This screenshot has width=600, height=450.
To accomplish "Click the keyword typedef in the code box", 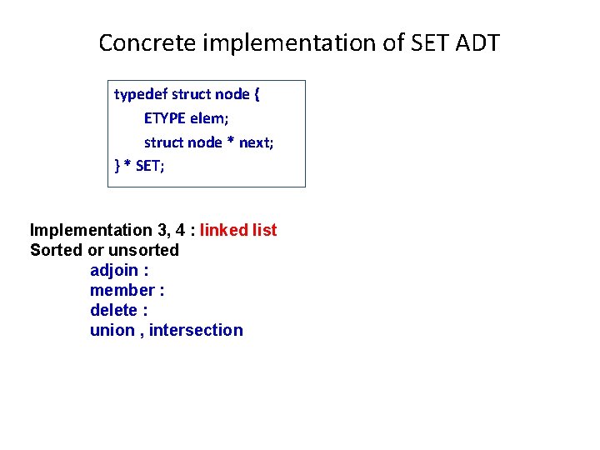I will (138, 94).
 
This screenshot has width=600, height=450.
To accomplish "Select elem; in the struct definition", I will (212, 118).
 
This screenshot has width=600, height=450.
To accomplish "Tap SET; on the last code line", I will (150, 166).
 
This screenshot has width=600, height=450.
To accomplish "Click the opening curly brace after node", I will (257, 94).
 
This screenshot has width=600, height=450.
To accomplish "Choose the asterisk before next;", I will (231, 143).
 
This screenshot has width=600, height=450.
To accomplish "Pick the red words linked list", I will (238, 230).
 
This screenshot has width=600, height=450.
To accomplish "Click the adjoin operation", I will (115, 270).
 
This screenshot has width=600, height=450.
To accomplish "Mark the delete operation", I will (114, 310).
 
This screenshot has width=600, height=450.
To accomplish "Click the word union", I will (112, 330).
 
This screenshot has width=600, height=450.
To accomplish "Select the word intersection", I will (196, 330).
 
